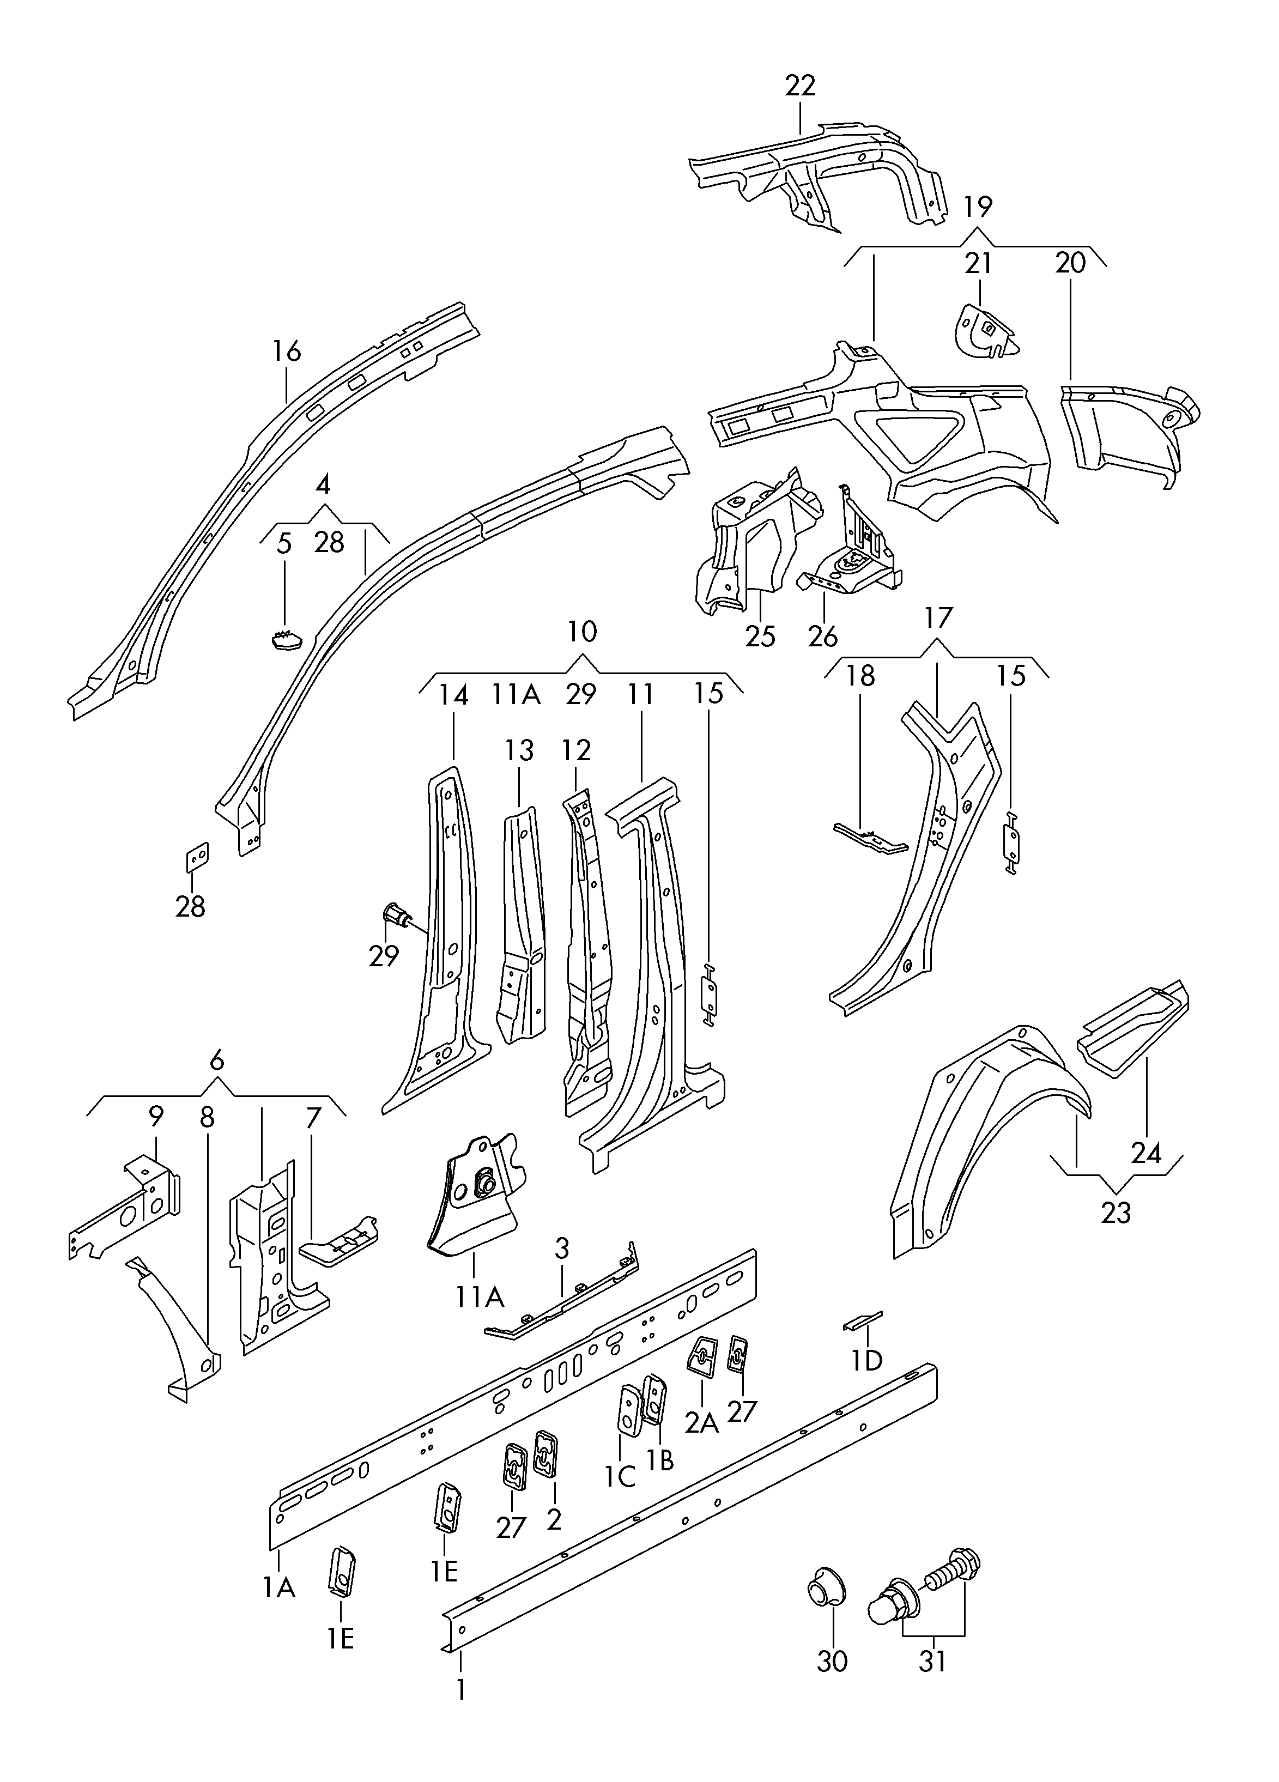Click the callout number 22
pos(800,86)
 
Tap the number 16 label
pos(286,351)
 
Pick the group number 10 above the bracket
pos(581,631)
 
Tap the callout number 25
pos(760,635)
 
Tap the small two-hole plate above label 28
pos(196,857)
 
